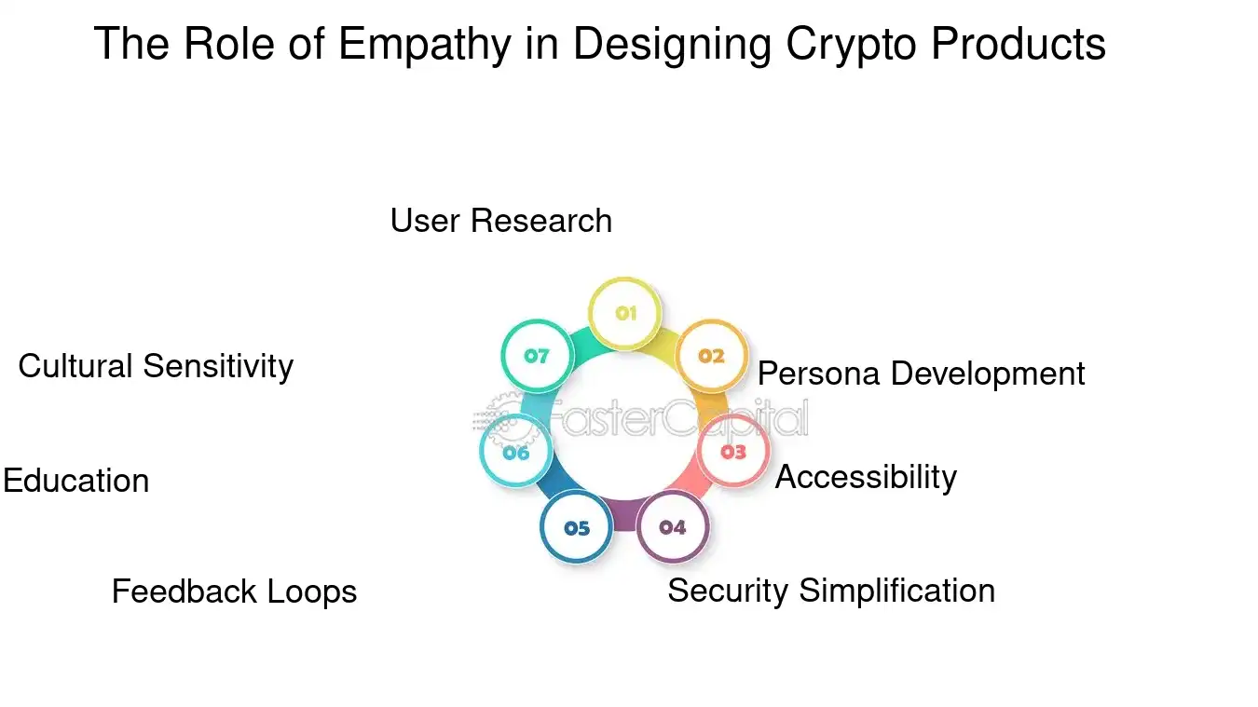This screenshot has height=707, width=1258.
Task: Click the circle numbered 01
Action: click(x=625, y=313)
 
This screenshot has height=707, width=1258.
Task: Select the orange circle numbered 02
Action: click(x=711, y=356)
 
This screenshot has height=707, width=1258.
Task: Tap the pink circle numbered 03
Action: click(x=733, y=452)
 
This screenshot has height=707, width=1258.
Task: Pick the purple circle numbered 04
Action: click(x=673, y=527)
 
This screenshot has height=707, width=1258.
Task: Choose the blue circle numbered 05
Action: click(x=577, y=528)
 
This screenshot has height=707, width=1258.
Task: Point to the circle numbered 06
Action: click(x=515, y=453)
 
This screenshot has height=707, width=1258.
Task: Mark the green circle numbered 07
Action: click(x=537, y=355)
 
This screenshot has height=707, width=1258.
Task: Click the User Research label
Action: click(x=500, y=221)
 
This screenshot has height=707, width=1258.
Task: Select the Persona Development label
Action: click(x=921, y=374)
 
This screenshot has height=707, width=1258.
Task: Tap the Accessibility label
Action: click(x=866, y=477)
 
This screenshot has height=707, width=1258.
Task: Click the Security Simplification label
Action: click(x=831, y=591)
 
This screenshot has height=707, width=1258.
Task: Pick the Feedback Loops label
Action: click(x=234, y=591)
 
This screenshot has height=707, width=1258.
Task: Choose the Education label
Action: click(x=75, y=481)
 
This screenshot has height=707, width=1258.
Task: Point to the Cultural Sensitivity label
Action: click(x=156, y=366)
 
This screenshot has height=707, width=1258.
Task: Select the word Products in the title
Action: click(x=1023, y=44)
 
